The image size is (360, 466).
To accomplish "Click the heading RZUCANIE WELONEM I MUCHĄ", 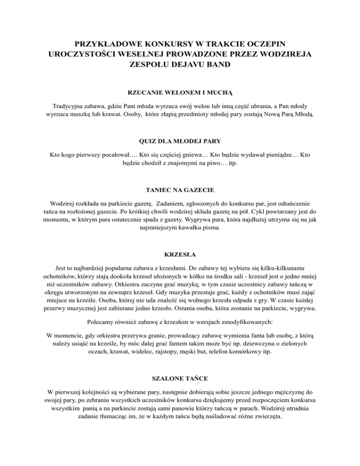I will [x=180, y=93].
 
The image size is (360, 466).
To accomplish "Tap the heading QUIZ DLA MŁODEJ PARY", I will [x=180, y=140].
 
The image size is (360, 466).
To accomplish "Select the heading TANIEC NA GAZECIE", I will [x=180, y=190].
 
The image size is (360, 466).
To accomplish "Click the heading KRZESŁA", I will [x=180, y=256].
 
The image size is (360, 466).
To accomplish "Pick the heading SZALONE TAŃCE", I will [x=180, y=377].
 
